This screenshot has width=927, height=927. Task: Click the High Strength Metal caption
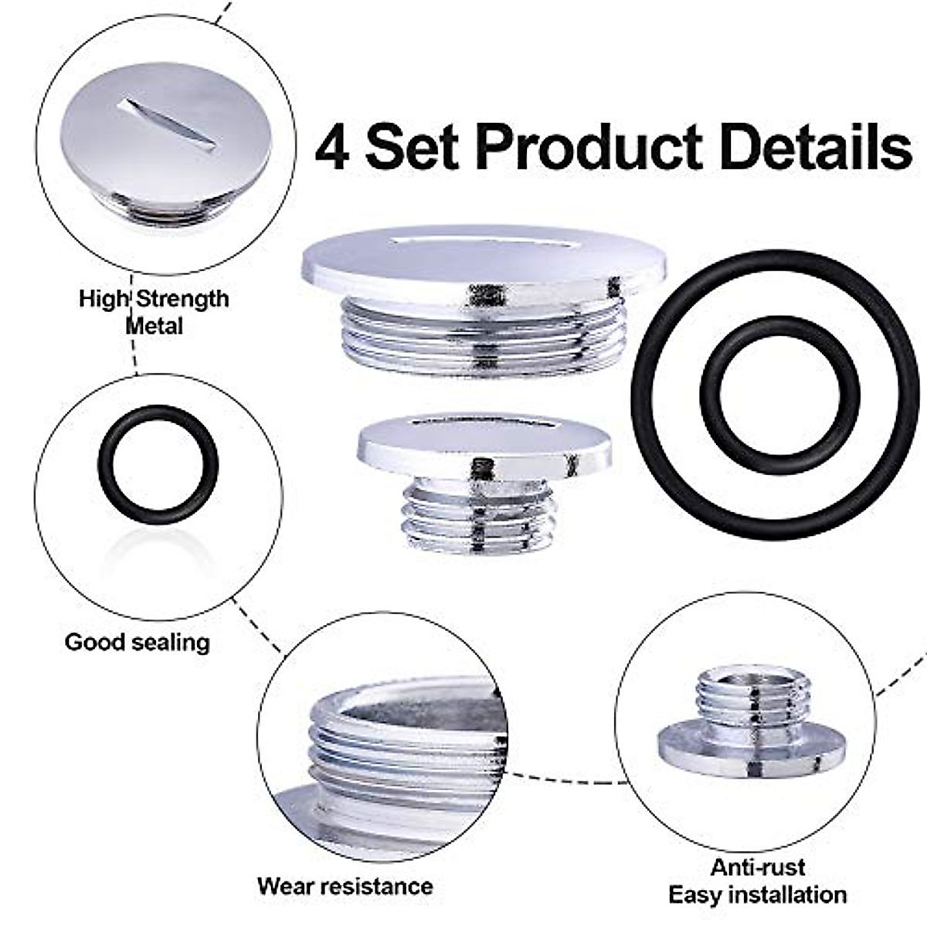154,311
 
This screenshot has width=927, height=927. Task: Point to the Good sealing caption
137,642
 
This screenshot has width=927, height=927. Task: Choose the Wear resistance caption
345,885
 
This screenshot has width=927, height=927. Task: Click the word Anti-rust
758,867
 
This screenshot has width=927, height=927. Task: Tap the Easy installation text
757,895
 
